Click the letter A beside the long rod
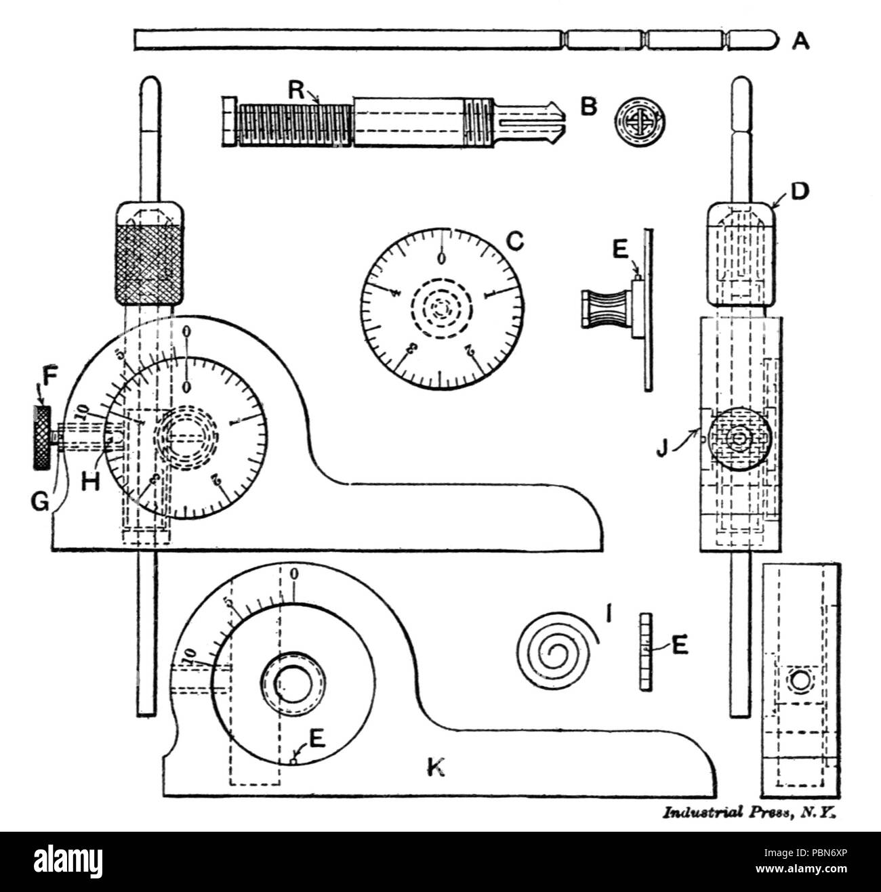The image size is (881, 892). pyautogui.click(x=800, y=41)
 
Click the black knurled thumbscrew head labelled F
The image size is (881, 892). pyautogui.click(x=42, y=438)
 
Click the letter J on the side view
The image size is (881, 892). pyautogui.click(x=665, y=448)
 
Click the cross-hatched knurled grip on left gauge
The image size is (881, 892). pyautogui.click(x=148, y=265)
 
